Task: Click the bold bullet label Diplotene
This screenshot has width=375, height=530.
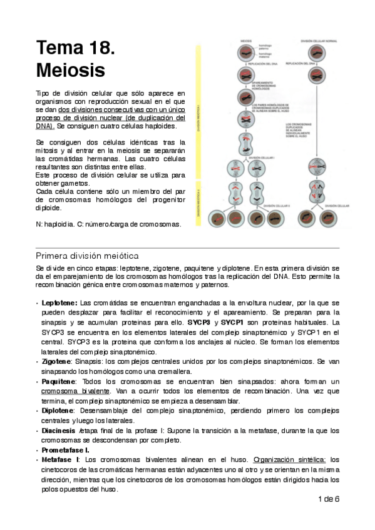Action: coord(58,411)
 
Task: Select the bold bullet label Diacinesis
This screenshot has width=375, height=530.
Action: coord(59,431)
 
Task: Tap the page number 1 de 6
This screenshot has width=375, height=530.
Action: coord(329,499)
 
